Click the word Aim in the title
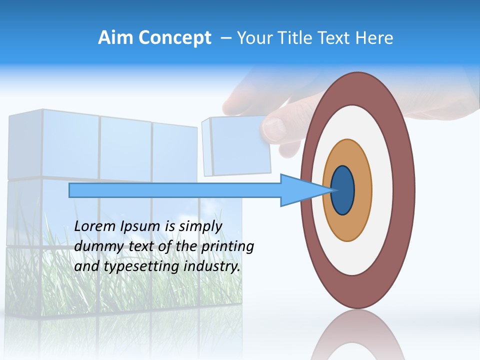[116, 38]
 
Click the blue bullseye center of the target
[342, 190]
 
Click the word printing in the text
[228, 246]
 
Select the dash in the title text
[225, 38]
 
